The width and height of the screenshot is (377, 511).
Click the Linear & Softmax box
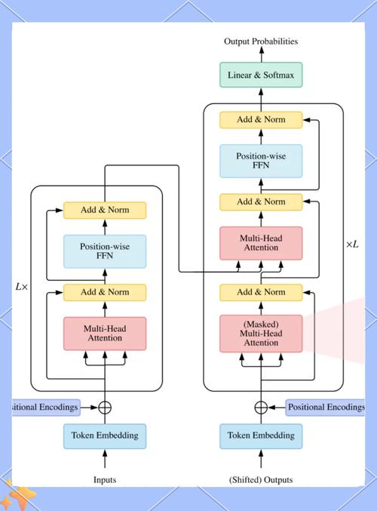click(261, 75)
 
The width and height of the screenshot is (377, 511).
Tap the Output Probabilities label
click(261, 42)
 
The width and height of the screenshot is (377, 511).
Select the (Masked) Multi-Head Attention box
click(261, 333)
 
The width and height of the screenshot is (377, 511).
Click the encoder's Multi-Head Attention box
click(104, 334)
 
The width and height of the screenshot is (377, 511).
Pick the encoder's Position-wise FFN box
click(104, 251)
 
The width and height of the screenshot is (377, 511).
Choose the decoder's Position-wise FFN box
click(261, 161)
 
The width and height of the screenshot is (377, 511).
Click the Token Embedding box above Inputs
click(104, 436)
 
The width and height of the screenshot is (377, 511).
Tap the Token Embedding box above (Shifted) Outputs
click(261, 436)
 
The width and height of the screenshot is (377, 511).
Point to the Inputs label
click(104, 479)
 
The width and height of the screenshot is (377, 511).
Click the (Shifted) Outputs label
click(261, 479)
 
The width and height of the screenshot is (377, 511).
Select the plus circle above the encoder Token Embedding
click(105, 407)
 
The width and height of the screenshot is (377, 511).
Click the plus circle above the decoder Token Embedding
click(261, 407)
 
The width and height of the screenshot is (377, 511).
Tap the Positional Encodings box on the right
click(326, 407)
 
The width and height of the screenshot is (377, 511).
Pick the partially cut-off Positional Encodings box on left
click(45, 407)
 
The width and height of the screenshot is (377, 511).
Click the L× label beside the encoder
click(21, 287)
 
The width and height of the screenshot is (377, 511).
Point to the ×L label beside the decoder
click(352, 244)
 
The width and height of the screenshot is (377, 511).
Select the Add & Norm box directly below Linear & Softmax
click(261, 119)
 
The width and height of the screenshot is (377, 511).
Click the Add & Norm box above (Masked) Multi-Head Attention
click(261, 291)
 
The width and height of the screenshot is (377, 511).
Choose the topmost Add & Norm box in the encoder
click(104, 210)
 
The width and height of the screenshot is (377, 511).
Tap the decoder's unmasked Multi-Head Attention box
click(261, 243)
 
